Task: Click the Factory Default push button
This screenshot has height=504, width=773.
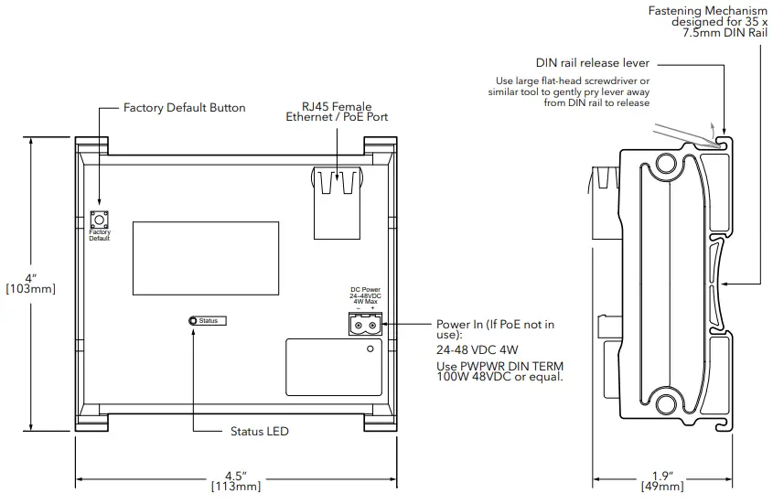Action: click(99, 219)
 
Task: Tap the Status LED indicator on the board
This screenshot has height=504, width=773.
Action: click(193, 321)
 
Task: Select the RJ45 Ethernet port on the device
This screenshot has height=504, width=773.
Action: click(338, 203)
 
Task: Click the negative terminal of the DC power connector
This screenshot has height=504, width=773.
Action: click(359, 326)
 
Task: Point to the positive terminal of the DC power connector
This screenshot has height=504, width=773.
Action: click(372, 326)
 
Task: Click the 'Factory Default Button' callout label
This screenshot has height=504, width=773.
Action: click(185, 108)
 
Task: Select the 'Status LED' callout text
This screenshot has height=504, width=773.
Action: click(259, 432)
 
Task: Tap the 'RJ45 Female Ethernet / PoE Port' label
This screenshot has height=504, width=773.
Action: click(337, 112)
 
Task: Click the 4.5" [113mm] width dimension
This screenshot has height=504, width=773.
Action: click(236, 481)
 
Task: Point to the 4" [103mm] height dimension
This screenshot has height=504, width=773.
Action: click(30, 284)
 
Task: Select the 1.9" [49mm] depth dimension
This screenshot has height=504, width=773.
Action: click(662, 481)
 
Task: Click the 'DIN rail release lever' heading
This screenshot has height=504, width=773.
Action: click(593, 63)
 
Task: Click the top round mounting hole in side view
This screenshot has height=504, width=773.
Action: click(666, 163)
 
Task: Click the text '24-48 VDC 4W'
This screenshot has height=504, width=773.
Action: click(478, 350)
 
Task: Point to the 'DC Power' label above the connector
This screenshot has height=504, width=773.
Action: click(365, 290)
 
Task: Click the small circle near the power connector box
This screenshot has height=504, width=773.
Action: click(370, 349)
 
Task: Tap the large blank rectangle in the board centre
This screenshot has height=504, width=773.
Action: click(206, 259)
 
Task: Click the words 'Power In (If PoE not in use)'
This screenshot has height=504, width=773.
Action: click(496, 329)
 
